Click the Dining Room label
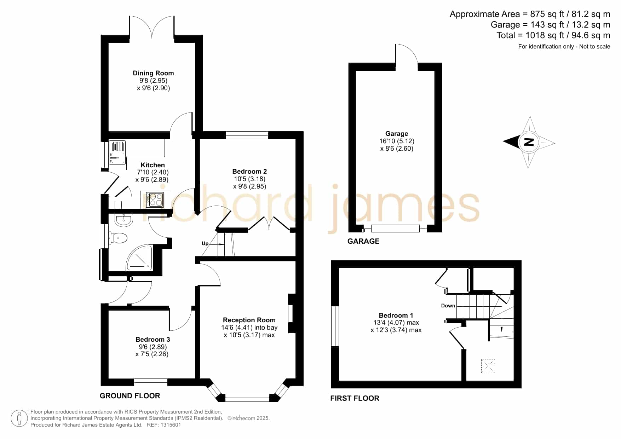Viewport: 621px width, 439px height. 153,73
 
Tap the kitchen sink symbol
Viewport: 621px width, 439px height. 117,152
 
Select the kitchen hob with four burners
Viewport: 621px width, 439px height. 156,199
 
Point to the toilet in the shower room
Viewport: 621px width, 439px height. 119,238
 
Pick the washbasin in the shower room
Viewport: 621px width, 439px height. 123,220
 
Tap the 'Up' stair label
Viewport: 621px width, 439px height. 205,243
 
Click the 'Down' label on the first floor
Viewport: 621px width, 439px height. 448,306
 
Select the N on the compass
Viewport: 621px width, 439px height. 528,142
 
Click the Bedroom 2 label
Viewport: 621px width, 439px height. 249,172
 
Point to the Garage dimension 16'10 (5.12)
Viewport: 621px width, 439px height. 397,141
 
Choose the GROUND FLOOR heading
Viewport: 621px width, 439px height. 130,396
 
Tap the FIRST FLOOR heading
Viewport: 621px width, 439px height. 355,398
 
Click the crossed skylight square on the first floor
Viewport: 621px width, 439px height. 488,366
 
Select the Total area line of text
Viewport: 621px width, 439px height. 553,35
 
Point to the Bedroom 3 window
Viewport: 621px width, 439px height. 150,382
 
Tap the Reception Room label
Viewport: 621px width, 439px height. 249,320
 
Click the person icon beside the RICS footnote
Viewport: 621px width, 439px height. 19,418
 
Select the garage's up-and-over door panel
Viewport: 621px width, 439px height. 395,229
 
